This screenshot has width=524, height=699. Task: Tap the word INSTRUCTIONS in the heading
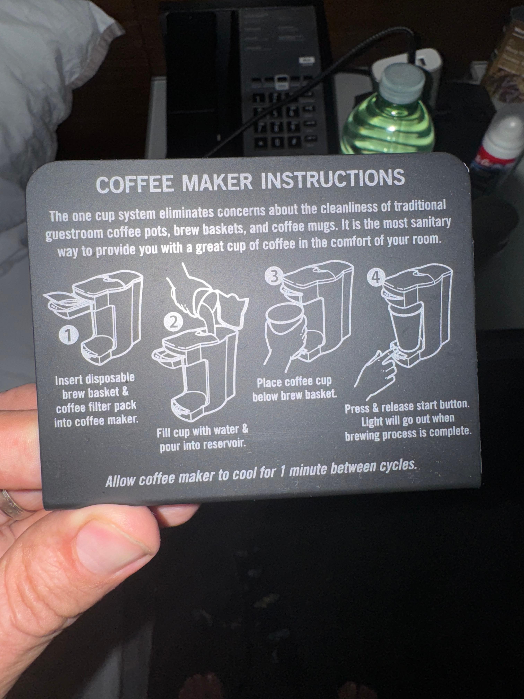[x=333, y=179]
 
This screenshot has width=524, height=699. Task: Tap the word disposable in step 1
[x=108, y=378]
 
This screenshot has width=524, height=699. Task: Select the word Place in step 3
[x=268, y=383]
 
